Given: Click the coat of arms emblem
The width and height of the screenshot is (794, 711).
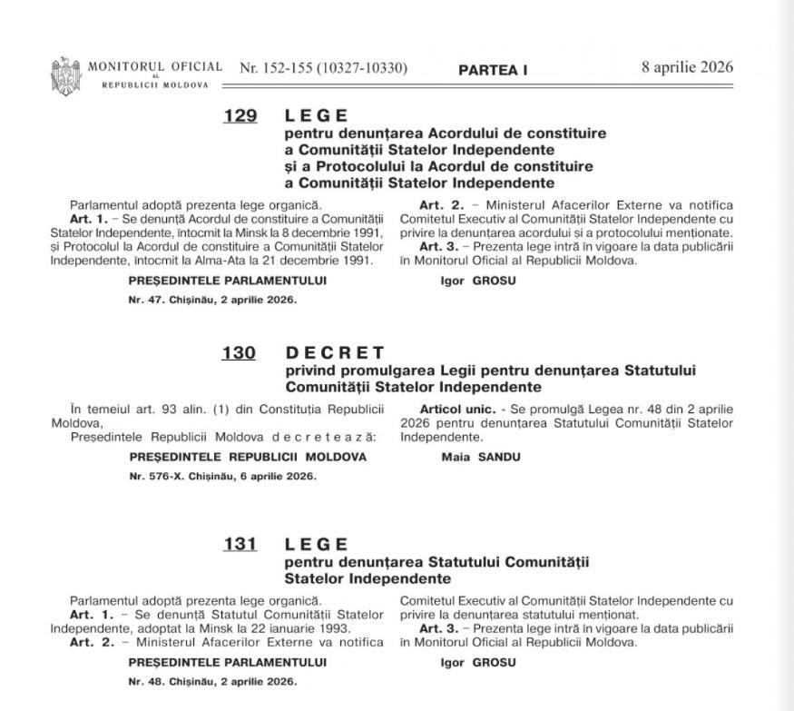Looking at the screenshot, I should pos(65,73).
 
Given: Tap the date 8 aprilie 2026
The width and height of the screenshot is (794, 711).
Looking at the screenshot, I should pos(687,68).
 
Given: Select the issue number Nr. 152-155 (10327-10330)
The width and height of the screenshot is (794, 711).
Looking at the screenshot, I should pos(323,68).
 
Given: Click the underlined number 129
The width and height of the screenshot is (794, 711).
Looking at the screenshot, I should pos(240,116).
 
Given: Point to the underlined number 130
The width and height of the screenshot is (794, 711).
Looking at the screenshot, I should pos(239,352).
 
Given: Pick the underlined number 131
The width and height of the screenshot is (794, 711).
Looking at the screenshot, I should pos(240,545).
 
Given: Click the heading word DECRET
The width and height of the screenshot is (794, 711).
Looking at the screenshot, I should pos(335,352).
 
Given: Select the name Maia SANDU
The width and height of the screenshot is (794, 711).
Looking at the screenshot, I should pos(480,457).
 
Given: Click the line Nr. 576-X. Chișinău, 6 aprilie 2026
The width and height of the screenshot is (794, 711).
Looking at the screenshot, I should pos(223,476).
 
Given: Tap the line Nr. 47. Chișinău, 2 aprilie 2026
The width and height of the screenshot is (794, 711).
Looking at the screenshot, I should pos(212,299).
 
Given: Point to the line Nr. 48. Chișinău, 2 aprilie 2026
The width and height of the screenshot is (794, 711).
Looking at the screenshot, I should pos(212,681).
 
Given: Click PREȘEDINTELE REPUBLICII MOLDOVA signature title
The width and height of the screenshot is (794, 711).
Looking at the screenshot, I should pos(248,457).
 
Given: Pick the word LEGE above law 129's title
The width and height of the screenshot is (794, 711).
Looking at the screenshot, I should pos(317,116).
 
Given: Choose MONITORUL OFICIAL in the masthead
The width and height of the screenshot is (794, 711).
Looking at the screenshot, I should pos(155,66).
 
